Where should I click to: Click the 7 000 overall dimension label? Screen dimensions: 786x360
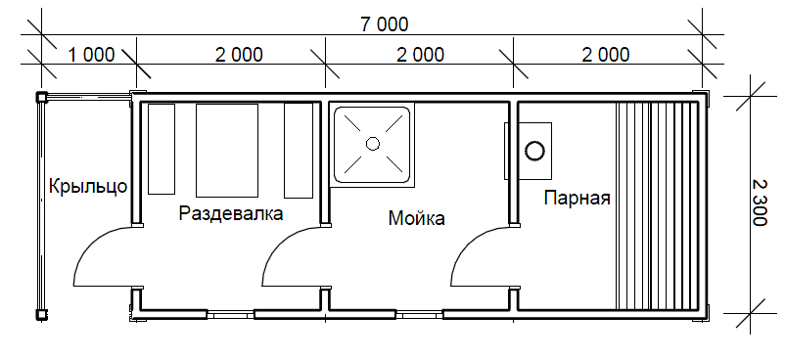coord(385,24)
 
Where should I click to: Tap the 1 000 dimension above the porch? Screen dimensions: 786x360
coord(91,54)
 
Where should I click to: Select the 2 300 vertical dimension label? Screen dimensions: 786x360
coord(760,202)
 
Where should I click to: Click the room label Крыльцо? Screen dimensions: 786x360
coord(88,187)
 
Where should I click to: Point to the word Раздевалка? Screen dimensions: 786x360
coord(231,214)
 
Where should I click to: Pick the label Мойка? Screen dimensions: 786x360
coord(417,218)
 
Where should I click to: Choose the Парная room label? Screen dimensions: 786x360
coord(578,198)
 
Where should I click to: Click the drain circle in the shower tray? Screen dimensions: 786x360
coord(373,144)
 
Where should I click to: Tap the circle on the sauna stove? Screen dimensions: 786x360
coord(534,151)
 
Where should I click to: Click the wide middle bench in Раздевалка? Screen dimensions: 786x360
coord(226,151)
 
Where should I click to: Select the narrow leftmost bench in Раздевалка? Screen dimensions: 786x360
coord(162,149)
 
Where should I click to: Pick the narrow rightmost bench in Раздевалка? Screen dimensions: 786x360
coord(299,151)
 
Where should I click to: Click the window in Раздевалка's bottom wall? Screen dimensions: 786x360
coord(231,314)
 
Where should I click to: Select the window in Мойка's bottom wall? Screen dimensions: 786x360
coord(419,314)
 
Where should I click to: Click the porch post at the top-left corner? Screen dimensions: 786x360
coord(41,96)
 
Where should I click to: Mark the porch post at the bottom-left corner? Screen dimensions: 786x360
coord(41,314)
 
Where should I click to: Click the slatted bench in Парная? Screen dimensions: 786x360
coord(657,205)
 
